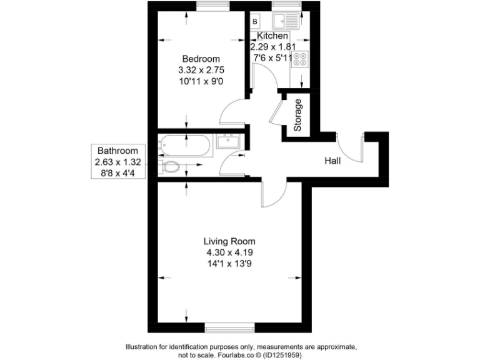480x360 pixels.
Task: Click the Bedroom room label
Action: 197,59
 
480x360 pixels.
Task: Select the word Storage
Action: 298,115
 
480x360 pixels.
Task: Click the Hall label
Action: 332,161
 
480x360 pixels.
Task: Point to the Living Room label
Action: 229,241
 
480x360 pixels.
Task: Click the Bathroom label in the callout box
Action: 117,151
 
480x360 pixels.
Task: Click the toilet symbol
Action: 171,167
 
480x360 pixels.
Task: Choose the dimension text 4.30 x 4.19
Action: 229,252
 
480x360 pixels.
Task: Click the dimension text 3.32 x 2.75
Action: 197,70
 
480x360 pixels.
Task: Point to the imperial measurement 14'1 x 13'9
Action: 229,263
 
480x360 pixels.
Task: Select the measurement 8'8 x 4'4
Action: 117,172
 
